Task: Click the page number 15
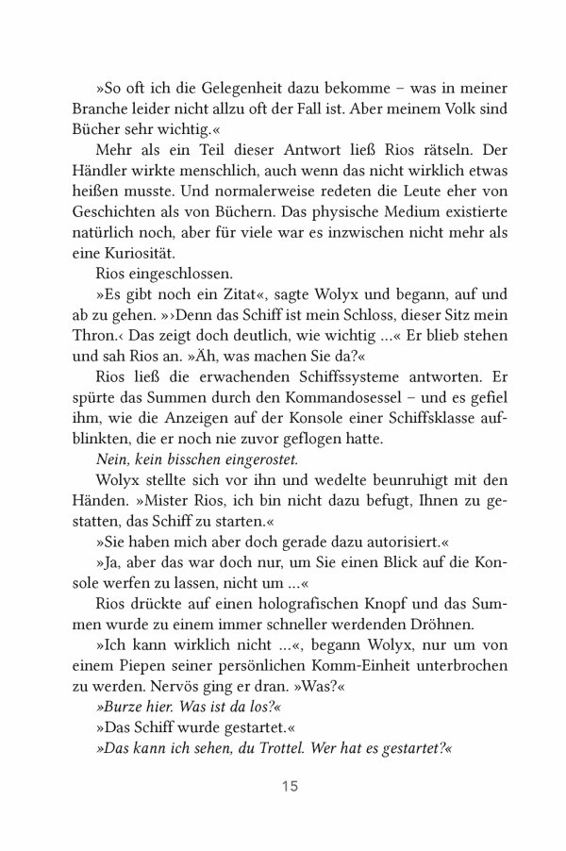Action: [x=289, y=787]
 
